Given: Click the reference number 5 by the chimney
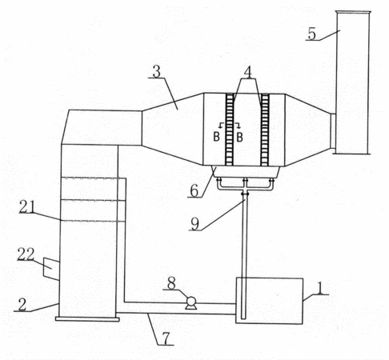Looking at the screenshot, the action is click(312, 33).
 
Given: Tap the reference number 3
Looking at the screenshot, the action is click(157, 71).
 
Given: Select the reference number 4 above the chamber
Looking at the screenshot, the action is click(248, 72).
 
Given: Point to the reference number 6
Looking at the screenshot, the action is click(194, 190).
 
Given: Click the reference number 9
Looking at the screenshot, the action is click(195, 223).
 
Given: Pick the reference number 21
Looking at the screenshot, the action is click(27, 206).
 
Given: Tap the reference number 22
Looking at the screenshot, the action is click(26, 254).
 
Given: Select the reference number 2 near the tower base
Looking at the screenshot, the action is click(22, 304).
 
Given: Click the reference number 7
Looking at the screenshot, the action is click(166, 338).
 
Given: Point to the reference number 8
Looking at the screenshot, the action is click(171, 283).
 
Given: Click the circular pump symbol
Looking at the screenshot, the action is click(190, 302).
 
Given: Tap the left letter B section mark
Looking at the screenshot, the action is click(217, 137).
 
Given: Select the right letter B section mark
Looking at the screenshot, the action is click(239, 137).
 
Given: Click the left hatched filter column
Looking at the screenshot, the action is click(229, 130).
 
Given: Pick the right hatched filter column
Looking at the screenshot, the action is click(265, 130).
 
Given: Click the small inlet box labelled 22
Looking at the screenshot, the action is click(50, 269).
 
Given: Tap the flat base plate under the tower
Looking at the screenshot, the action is click(87, 319).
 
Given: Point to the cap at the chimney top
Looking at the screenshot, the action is click(353, 12).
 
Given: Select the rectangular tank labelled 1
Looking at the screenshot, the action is click(269, 301).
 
